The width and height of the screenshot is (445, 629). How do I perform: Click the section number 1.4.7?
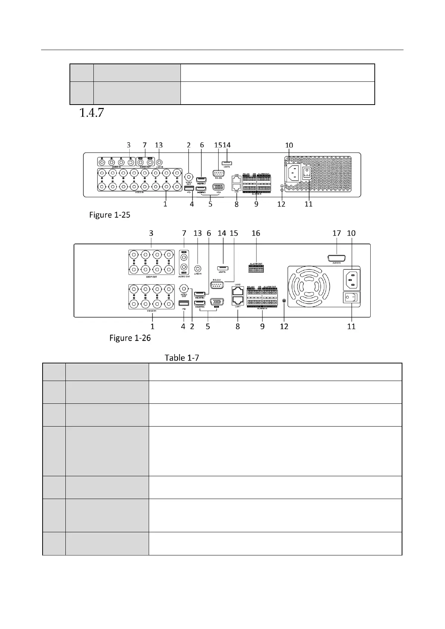[x=91, y=113]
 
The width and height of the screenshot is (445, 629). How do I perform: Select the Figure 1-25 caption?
[x=109, y=215]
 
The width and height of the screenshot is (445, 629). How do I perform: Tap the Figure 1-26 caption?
[x=130, y=338]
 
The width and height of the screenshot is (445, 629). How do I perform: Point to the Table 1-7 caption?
[x=182, y=358]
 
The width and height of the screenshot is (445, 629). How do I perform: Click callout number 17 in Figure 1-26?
[x=337, y=233]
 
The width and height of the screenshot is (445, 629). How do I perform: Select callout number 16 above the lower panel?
[x=256, y=233]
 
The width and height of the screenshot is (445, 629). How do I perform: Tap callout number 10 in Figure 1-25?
[x=289, y=145]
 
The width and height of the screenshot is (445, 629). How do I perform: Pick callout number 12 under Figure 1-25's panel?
[x=281, y=204]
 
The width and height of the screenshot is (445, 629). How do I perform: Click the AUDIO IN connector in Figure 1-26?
[x=336, y=258]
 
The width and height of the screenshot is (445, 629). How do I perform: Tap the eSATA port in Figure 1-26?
[x=222, y=268]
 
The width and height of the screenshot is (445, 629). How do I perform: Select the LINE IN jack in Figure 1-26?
[x=198, y=268]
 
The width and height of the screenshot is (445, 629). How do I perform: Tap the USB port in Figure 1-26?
[x=183, y=303]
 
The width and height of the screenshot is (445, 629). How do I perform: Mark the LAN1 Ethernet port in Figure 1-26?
[x=238, y=301]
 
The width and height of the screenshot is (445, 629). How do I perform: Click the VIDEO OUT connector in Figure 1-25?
[x=189, y=176]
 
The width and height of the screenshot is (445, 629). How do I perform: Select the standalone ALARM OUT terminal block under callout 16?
[x=256, y=269]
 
